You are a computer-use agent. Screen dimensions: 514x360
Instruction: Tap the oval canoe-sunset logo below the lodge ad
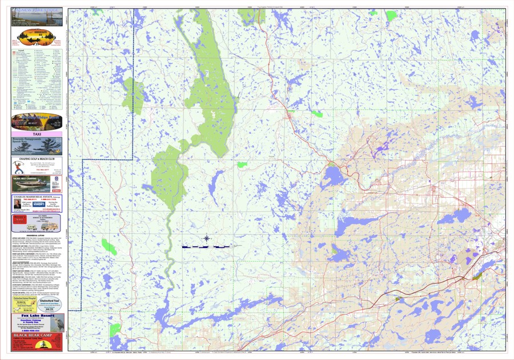37,38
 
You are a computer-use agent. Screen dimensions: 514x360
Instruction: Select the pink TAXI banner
37,134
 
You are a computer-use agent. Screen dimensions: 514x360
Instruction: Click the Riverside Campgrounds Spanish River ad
37,146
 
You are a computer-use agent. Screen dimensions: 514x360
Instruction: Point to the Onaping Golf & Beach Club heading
37,159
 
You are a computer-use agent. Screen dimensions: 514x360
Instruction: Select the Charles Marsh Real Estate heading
37,197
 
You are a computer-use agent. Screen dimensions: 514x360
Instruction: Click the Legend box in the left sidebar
37,77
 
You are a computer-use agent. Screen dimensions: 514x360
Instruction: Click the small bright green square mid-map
243,165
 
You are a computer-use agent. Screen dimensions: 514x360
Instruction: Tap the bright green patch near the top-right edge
391,15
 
